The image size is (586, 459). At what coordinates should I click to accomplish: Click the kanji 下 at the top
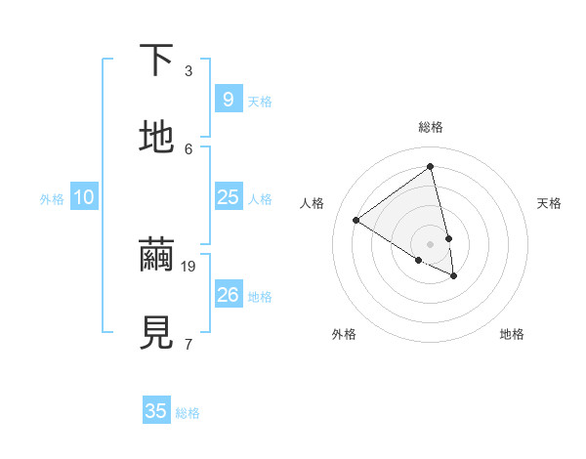point(156,61)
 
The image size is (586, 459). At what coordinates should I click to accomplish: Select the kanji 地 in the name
point(156,138)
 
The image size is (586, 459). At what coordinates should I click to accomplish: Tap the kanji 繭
point(156,256)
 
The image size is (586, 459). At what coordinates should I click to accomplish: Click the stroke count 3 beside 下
point(188,70)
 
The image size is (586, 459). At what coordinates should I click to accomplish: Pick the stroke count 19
point(189,265)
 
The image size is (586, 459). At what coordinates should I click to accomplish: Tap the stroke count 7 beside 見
point(188,343)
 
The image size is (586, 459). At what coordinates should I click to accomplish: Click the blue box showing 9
point(228,99)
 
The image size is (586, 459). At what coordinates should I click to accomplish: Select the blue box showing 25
point(228,197)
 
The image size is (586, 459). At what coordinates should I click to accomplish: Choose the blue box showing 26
point(228,294)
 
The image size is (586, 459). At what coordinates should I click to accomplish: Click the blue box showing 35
point(156,411)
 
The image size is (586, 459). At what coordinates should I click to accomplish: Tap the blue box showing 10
point(84,197)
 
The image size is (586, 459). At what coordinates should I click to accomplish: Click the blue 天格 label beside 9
point(260,102)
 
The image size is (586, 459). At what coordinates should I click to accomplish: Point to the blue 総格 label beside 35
point(188,414)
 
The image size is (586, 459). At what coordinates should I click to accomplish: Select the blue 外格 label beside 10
point(52,199)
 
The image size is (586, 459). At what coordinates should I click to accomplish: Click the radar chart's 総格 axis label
point(431,127)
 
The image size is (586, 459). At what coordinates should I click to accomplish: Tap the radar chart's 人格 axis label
point(313,203)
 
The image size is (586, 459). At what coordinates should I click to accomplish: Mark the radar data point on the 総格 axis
point(431,167)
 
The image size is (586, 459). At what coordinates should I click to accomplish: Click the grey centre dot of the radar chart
point(431,243)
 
